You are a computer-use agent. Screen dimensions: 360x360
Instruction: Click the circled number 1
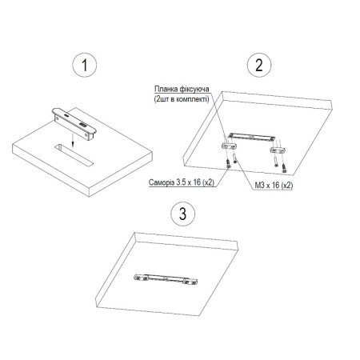(x=85, y=65)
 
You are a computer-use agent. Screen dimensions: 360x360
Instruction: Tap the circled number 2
(x=259, y=65)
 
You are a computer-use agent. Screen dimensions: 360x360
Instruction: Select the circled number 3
(x=182, y=214)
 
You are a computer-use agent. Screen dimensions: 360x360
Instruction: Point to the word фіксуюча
(x=194, y=89)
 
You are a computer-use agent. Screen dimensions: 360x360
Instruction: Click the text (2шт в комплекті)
(x=182, y=99)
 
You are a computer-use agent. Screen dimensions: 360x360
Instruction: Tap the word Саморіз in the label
(x=162, y=182)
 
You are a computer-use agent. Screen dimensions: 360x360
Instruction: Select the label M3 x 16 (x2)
(x=274, y=186)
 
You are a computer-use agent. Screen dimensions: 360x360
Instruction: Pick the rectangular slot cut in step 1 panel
(x=74, y=155)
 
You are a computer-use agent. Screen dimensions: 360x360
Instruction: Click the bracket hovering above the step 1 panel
(x=74, y=124)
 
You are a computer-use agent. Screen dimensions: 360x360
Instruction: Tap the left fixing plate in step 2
(x=229, y=146)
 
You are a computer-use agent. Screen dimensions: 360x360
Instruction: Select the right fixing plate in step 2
(x=278, y=150)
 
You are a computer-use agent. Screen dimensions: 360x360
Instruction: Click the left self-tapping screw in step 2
(x=228, y=163)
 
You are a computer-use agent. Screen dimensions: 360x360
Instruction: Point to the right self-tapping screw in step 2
(x=284, y=168)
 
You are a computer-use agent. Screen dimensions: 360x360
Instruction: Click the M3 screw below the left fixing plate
(x=234, y=158)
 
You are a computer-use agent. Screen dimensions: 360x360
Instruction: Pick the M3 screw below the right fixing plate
(x=275, y=162)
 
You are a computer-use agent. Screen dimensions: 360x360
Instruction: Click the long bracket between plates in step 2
(x=251, y=136)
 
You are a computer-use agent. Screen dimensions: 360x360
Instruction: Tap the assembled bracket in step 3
(x=166, y=279)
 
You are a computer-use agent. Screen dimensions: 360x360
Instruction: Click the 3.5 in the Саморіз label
(x=181, y=182)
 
